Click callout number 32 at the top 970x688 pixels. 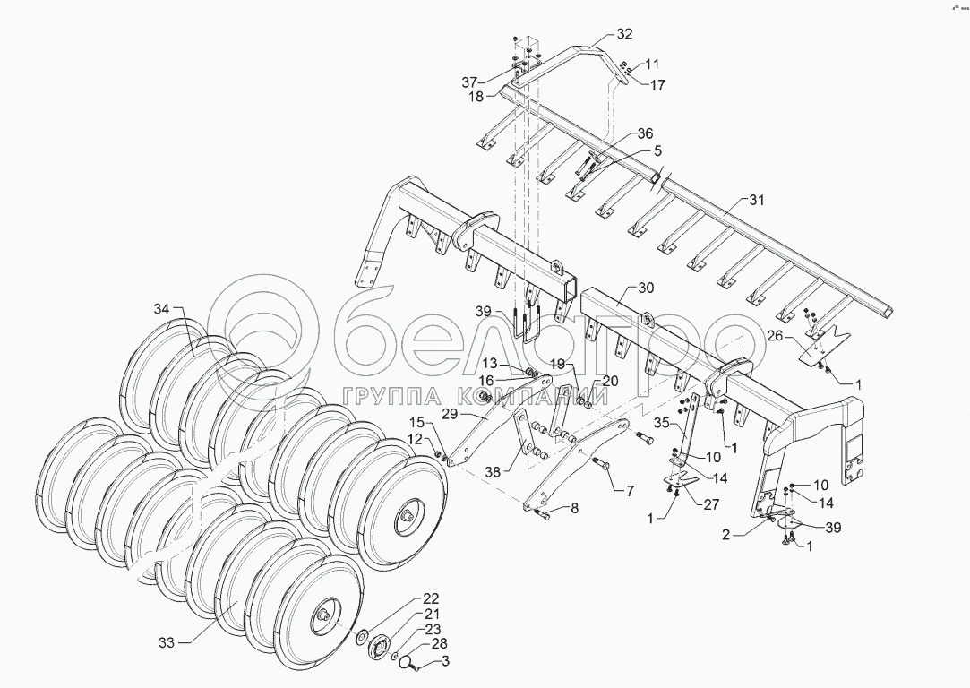click(623, 34)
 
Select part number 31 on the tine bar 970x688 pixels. click(758, 201)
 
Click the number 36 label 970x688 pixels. click(646, 133)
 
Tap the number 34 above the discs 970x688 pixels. click(160, 309)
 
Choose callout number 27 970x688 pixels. click(711, 503)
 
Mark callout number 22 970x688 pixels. click(431, 598)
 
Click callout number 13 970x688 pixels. click(490, 363)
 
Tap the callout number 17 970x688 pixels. click(657, 86)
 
